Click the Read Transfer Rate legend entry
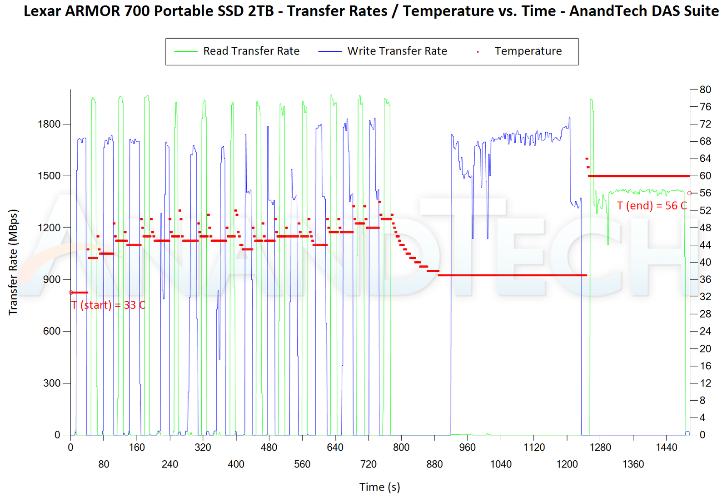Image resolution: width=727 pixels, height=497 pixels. [x=251, y=51]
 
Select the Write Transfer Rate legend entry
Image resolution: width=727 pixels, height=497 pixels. [x=397, y=51]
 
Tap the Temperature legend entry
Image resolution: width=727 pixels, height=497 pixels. [x=528, y=51]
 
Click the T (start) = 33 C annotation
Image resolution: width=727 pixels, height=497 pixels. [x=109, y=305]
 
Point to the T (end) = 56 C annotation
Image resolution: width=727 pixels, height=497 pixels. [x=652, y=206]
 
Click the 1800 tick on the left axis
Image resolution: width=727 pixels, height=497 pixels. [x=49, y=124]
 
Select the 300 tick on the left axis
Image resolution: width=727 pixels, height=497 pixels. [x=52, y=383]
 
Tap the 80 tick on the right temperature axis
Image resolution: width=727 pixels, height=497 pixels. [x=705, y=89]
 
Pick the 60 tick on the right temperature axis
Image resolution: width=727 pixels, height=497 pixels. [x=705, y=176]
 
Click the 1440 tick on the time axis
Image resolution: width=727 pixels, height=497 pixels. [x=666, y=447]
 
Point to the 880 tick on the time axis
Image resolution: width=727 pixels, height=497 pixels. [x=434, y=464]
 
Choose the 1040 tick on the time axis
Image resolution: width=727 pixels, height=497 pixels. [x=501, y=464]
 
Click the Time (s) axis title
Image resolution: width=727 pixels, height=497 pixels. [x=379, y=487]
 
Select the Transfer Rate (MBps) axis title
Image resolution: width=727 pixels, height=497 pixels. [x=13, y=262]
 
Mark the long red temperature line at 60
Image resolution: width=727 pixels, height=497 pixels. [x=638, y=176]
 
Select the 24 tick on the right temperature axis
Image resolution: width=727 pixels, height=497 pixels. [x=705, y=331]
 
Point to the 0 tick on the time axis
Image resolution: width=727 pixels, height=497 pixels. [x=70, y=447]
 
